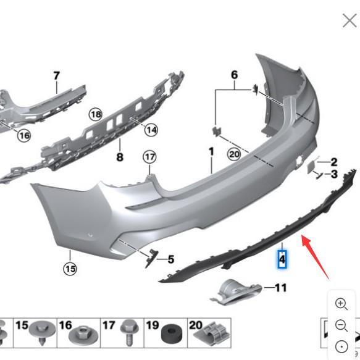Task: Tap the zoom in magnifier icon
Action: point(341,303)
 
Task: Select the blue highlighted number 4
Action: point(282,260)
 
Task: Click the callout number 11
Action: point(281,288)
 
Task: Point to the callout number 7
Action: point(56,76)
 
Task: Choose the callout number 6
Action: point(234,75)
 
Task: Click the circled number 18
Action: point(95,114)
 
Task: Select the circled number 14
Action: point(151,130)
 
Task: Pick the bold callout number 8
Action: point(120,157)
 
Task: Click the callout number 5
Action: point(171,259)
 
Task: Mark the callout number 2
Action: point(334,162)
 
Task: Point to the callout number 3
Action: point(334,175)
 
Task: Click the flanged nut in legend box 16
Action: point(82,334)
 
